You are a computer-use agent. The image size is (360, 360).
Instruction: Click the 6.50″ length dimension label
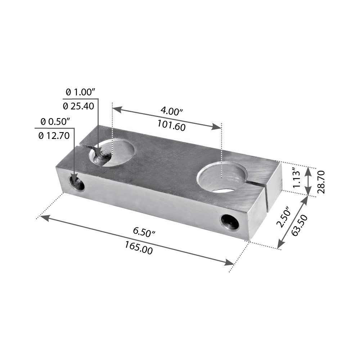click(x=144, y=232)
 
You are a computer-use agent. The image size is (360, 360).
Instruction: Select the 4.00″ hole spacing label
click(x=171, y=111)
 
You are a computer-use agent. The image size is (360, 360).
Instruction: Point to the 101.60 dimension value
click(x=171, y=126)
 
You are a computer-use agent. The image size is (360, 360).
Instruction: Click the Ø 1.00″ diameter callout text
click(x=80, y=92)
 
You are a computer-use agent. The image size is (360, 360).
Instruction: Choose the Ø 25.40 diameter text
click(x=78, y=106)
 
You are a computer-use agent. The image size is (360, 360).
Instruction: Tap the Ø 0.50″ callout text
click(x=55, y=122)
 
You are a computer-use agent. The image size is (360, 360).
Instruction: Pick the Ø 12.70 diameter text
click(x=54, y=136)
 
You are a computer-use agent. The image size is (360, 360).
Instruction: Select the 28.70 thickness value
click(x=321, y=182)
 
